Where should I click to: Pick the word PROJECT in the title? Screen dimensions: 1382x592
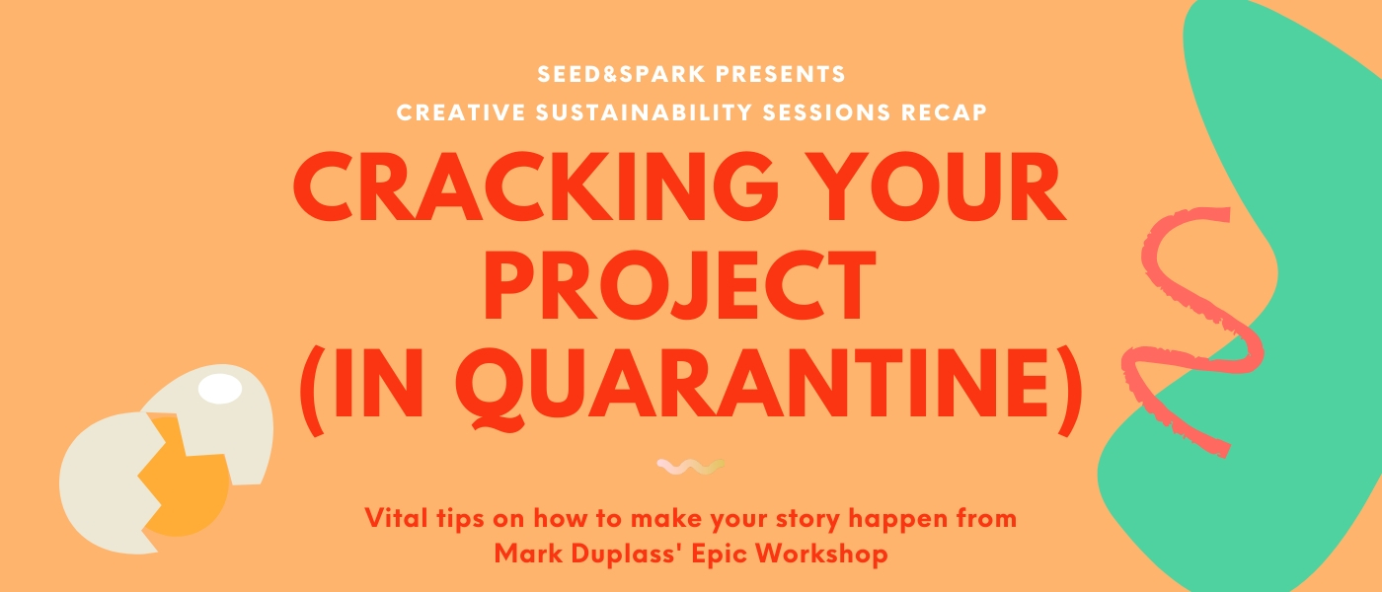point(680,285)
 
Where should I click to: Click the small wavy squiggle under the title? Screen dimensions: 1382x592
point(690,467)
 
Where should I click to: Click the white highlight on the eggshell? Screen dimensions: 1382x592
point(220,389)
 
